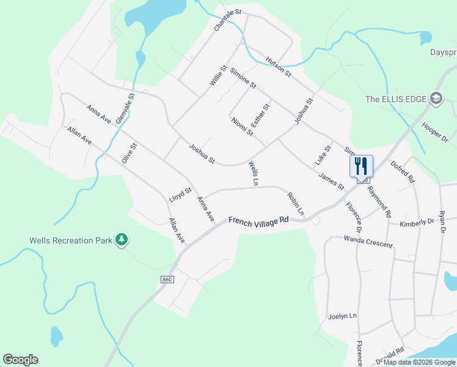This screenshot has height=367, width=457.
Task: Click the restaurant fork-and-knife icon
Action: coord(361,165)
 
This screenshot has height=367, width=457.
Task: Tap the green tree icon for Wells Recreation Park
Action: coord(122,239)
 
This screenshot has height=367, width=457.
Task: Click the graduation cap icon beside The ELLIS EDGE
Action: coord(436,98)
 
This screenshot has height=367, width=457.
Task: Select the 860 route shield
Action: coord(167,280)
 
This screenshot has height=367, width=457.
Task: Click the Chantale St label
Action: coord(228,20)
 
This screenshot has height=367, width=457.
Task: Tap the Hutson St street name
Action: coord(279,67)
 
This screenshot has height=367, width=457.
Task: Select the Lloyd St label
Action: coord(181,195)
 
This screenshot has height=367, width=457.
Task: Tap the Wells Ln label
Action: coord(254,173)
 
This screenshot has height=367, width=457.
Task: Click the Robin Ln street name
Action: coord(296,204)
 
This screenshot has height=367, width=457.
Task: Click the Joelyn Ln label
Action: coord(342,316)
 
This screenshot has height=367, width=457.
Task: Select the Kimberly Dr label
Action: coord(417,223)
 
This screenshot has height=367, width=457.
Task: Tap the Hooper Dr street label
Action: coord(435,132)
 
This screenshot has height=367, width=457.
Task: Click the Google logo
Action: coord(20,360)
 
